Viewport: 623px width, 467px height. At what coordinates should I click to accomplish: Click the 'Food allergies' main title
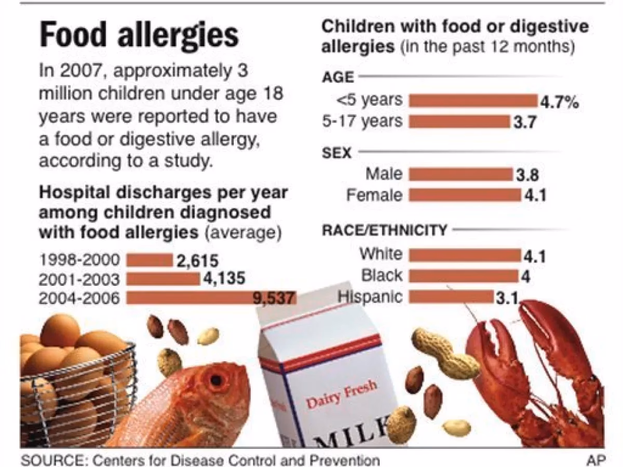139,35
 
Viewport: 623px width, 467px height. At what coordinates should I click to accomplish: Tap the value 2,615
197,260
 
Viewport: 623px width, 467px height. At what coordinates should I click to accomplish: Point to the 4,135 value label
224,279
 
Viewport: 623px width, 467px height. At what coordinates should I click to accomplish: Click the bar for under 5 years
473,101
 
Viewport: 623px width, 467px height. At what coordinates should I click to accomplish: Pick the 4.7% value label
559,102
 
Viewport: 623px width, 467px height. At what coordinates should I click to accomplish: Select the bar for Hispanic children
451,297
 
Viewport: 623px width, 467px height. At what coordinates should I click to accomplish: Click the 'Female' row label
374,195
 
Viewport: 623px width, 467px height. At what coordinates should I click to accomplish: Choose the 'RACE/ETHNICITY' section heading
385,230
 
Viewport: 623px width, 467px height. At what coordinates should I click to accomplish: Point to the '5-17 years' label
362,121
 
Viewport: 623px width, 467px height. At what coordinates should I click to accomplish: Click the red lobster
535,374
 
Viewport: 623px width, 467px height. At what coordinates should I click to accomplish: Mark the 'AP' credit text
595,460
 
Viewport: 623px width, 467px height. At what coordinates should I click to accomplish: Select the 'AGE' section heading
337,78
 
